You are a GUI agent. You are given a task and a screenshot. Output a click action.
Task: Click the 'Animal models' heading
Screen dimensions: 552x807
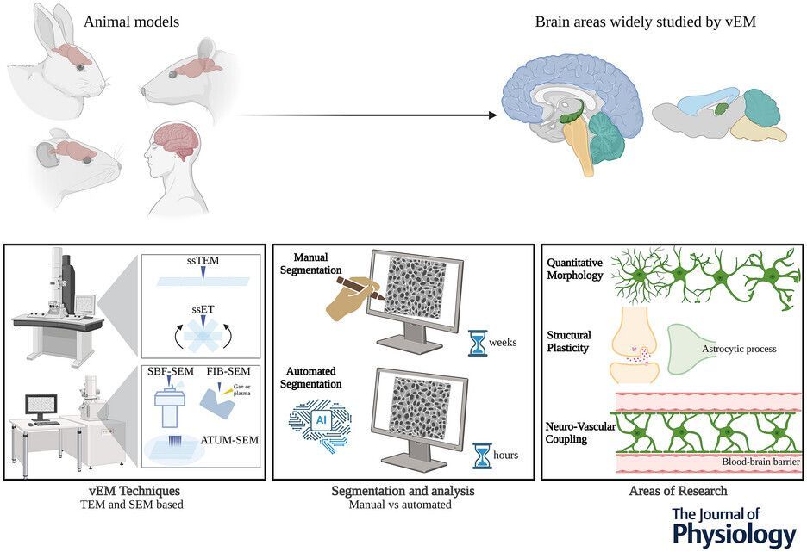coord(131,21)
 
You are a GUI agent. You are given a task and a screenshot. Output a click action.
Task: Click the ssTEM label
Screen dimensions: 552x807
coord(203,263)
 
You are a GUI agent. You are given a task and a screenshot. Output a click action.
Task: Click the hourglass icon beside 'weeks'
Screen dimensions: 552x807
coord(475,341)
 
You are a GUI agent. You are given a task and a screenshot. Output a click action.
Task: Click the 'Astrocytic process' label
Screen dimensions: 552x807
coord(740,349)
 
